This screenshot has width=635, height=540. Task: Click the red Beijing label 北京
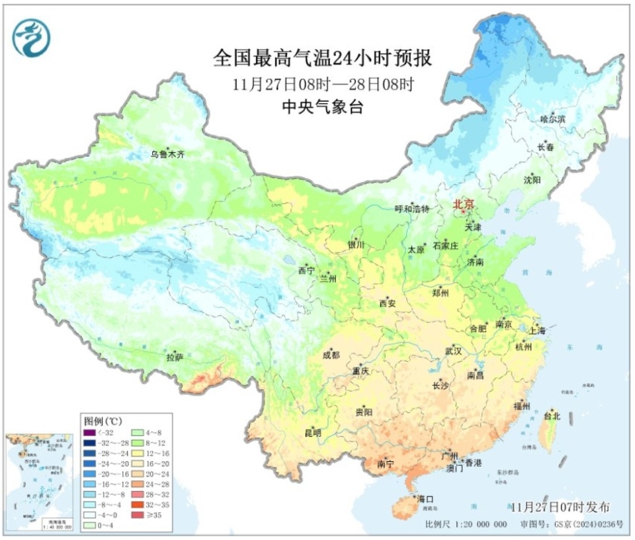pos(464,205)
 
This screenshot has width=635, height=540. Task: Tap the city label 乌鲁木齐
pos(167,155)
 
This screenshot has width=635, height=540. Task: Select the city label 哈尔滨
pos(553,119)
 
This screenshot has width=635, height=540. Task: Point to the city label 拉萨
pos(175,358)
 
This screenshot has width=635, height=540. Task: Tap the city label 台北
pos(552,416)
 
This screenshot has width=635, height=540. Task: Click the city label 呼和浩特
pos(412,209)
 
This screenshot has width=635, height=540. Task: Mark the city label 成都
pos(331,355)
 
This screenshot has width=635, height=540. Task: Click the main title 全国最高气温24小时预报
pos(322,58)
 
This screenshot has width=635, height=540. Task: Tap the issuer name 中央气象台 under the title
pos(322,107)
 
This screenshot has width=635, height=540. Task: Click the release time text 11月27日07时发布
pos(560,506)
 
